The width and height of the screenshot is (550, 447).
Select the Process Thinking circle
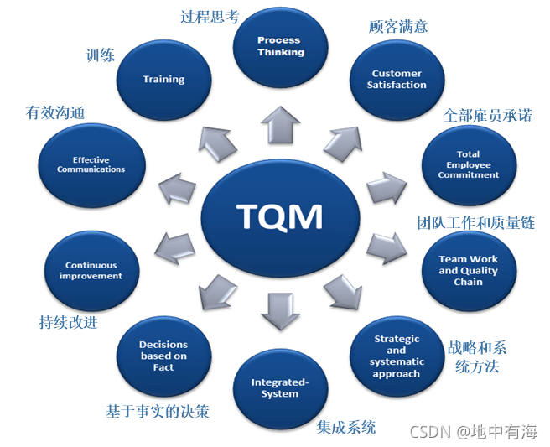pyautogui.click(x=280, y=45)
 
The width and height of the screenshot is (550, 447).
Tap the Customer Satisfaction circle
pyautogui.click(x=397, y=80)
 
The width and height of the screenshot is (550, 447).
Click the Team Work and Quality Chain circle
pyautogui.click(x=468, y=270)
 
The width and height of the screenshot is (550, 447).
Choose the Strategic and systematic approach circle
pyautogui.click(x=397, y=356)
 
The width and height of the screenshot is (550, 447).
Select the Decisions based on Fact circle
pyautogui.click(x=163, y=356)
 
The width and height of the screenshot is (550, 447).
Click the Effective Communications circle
pyautogui.click(x=91, y=164)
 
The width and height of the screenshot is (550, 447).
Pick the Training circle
pyautogui.click(x=163, y=79)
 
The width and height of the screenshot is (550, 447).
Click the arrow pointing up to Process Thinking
pyautogui.click(x=280, y=124)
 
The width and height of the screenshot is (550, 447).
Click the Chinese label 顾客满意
pyautogui.click(x=398, y=26)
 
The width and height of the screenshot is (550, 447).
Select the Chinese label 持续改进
pyautogui.click(x=68, y=322)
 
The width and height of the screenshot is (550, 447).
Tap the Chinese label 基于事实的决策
pyautogui.click(x=157, y=412)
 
